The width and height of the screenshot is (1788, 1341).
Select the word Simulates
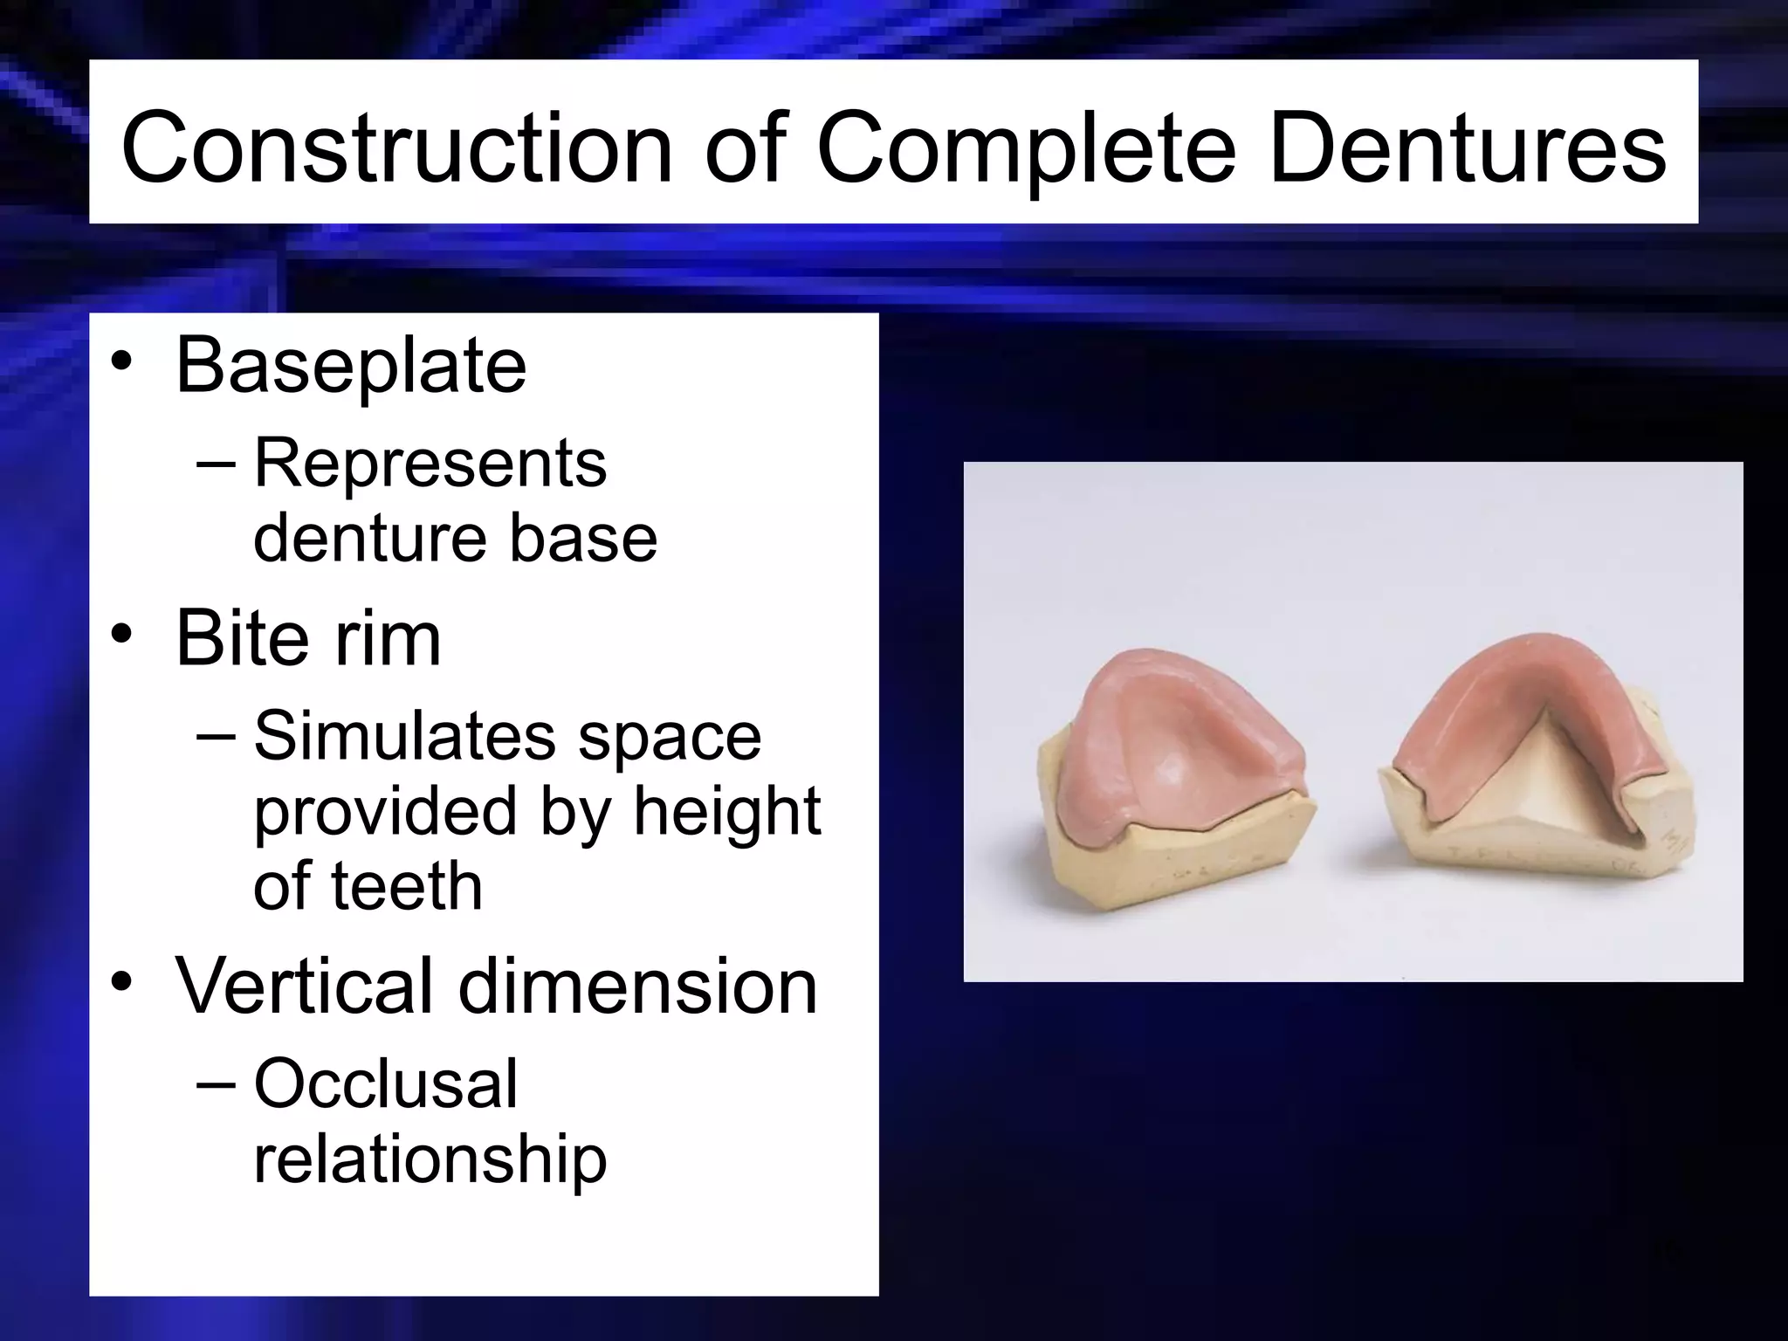click(404, 736)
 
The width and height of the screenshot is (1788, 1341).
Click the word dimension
click(638, 986)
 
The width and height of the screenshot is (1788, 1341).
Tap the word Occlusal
click(386, 1083)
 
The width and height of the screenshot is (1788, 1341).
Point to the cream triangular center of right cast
click(1537, 790)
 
